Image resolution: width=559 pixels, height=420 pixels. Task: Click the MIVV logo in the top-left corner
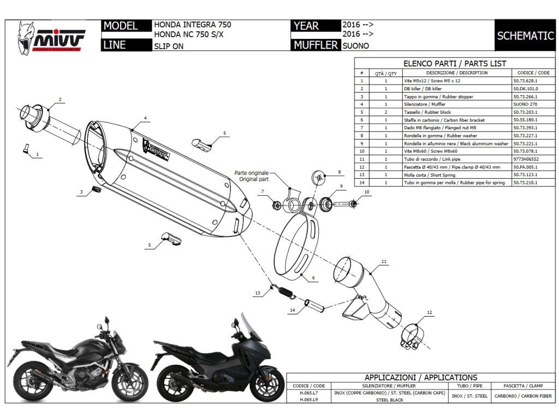pyautogui.click(x=52, y=37)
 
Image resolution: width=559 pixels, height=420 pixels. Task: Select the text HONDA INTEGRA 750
pyautogui.click(x=192, y=25)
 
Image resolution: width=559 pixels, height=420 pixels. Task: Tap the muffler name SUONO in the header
pyautogui.click(x=355, y=46)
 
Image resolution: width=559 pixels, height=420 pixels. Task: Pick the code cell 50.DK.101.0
pyautogui.click(x=526, y=89)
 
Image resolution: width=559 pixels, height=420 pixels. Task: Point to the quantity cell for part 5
pyautogui.click(x=386, y=112)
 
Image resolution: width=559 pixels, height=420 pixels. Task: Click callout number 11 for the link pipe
pyautogui.click(x=384, y=262)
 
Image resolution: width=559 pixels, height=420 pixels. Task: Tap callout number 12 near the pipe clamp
pyautogui.click(x=430, y=313)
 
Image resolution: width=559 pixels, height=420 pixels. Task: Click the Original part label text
pyautogui.click(x=252, y=179)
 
